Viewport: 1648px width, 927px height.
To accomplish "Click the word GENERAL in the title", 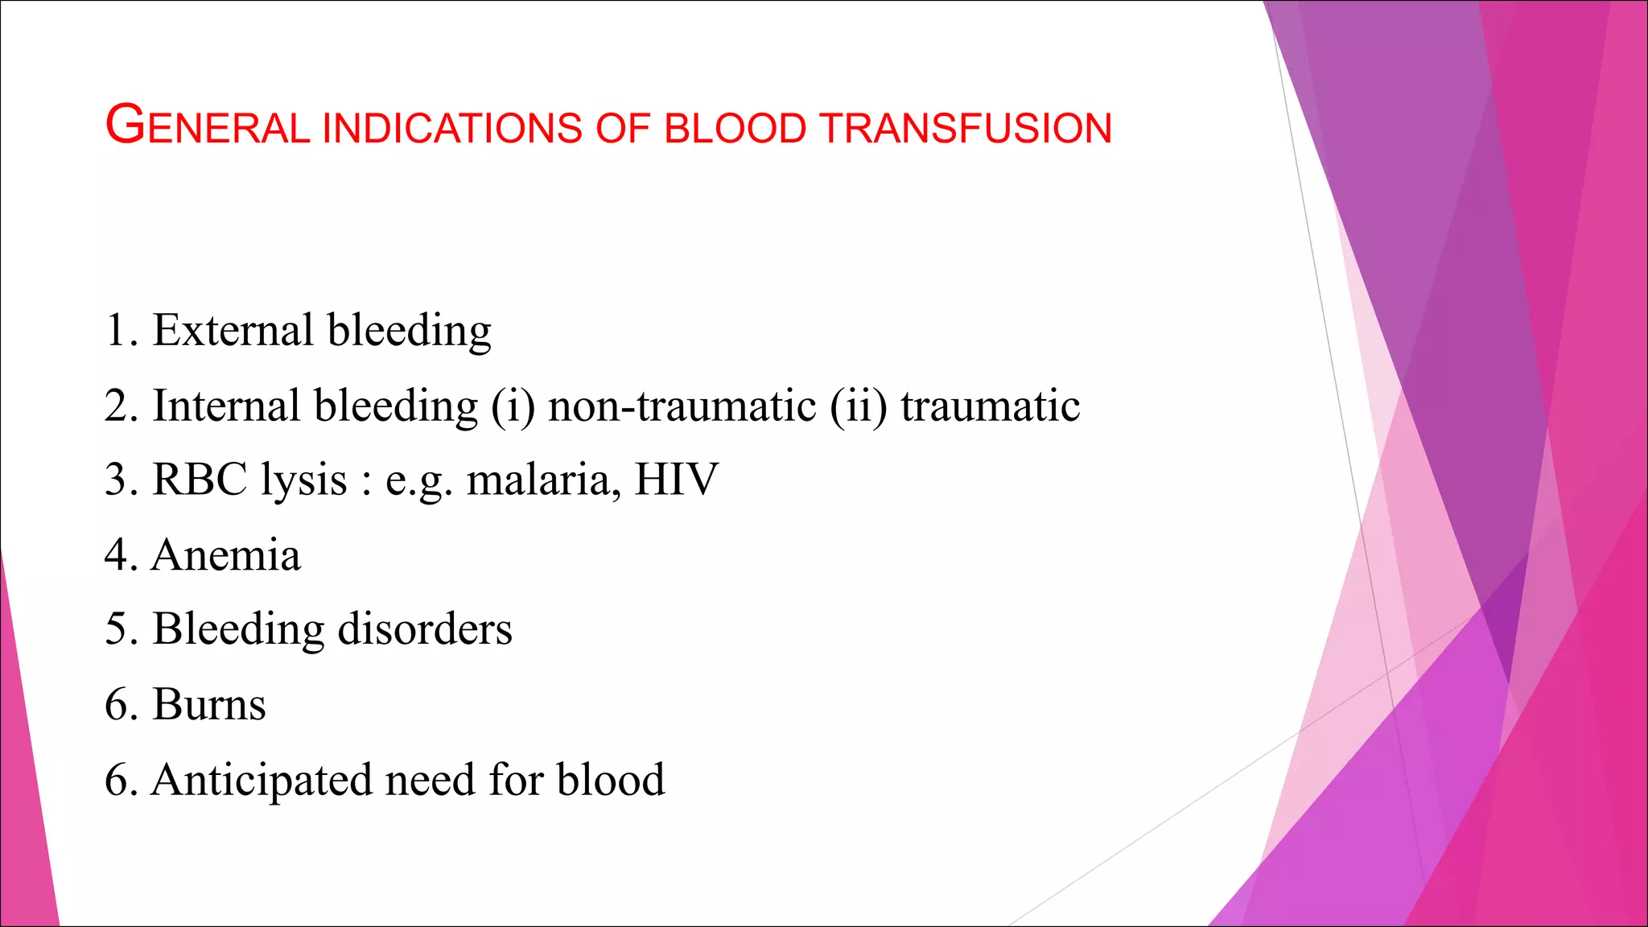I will pos(208,127).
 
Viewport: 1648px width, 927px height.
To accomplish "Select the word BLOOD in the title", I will pos(735,129).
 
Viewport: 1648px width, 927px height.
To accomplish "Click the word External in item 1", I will pos(233,330).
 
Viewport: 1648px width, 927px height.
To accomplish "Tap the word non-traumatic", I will pos(682,406).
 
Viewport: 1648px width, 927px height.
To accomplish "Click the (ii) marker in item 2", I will pos(859,406).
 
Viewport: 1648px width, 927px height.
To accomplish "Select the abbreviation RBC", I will pos(200,480).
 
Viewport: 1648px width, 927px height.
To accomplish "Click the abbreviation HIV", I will pos(676,480).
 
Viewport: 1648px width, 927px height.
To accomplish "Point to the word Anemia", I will pos(226,554).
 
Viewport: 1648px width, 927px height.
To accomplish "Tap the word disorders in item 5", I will pos(425,628).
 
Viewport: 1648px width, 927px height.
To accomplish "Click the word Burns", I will pos(209,704).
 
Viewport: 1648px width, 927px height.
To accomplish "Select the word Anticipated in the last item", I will pos(262,780).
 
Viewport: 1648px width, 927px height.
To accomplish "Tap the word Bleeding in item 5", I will pos(238,630).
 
